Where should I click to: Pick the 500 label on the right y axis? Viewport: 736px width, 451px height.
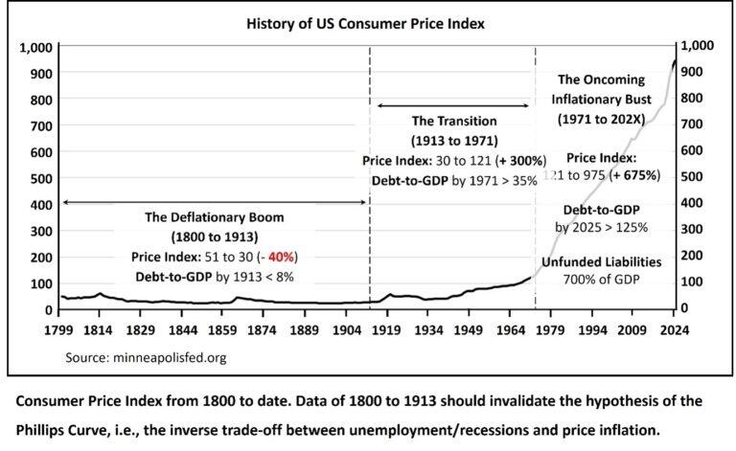[692, 176]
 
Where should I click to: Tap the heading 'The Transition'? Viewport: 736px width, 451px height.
[454, 122]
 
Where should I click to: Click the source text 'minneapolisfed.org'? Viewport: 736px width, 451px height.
[175, 358]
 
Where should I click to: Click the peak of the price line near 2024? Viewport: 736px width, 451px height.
[674, 60]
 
